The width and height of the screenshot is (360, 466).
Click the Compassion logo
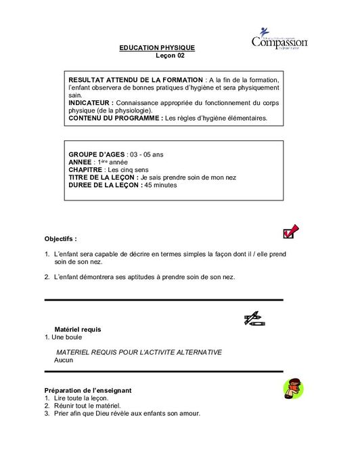(x=279, y=39)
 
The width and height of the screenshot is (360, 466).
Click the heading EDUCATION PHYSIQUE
(x=156, y=47)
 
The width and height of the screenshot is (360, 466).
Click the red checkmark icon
(x=290, y=232)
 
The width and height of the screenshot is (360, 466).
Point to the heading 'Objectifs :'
(x=61, y=239)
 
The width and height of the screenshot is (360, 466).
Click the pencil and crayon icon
(x=254, y=318)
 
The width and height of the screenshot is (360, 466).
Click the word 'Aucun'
(x=64, y=360)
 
